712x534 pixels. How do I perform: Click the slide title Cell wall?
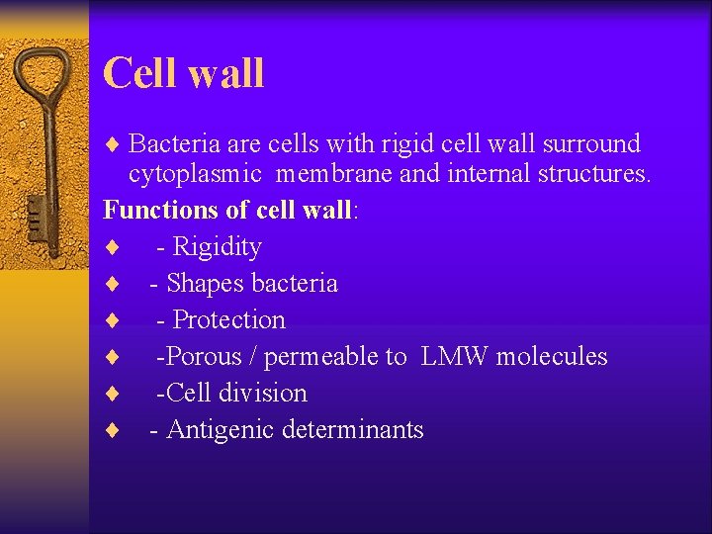183,73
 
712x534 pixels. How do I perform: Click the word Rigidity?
217,246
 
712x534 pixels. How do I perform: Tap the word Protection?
228,319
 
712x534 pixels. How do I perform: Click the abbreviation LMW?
455,356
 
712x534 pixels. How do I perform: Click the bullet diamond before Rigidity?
113,247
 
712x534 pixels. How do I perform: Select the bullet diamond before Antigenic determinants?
113,430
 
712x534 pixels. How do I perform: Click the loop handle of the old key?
44,84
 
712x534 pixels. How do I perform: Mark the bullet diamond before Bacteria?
113,145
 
